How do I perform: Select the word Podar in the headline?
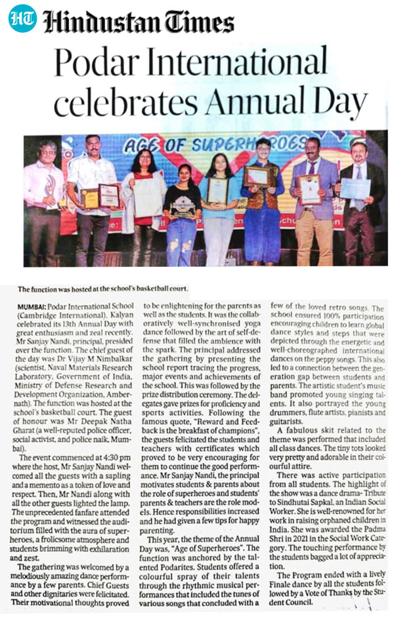point(91,64)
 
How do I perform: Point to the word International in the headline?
point(243,64)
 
